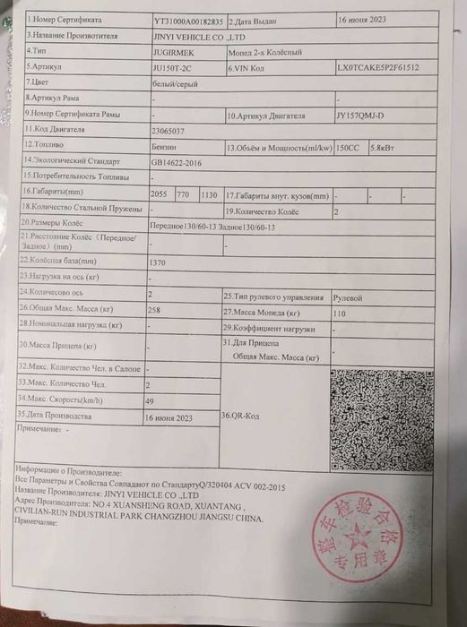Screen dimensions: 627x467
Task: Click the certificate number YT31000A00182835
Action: (187, 19)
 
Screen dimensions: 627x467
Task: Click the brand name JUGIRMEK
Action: (173, 52)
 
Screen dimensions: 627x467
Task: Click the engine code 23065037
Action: (171, 131)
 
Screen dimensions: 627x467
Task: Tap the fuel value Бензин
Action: (167, 146)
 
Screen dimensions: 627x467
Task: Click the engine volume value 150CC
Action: (350, 147)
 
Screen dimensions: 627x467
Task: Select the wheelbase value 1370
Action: (160, 262)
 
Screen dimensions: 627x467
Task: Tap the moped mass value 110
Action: (339, 313)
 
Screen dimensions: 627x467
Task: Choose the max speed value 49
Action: (150, 400)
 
